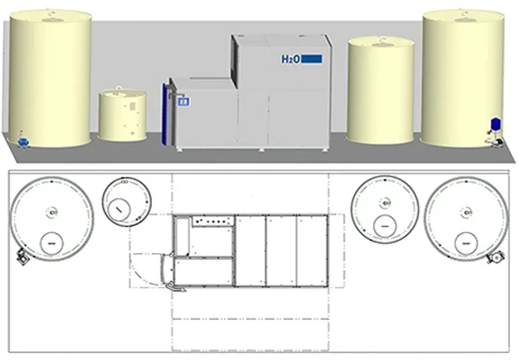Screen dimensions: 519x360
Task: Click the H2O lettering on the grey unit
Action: click(291, 59)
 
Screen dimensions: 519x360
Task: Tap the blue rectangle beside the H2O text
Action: click(312, 59)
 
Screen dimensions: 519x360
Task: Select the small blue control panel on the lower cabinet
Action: click(183, 101)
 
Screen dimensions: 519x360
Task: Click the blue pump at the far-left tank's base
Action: click(23, 142)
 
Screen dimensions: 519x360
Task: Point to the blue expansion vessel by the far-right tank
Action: click(496, 123)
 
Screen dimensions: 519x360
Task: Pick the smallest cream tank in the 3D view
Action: click(122, 115)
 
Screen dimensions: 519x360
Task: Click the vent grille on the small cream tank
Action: click(133, 106)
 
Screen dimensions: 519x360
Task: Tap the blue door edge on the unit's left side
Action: click(165, 114)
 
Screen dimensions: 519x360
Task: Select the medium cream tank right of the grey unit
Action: click(380, 90)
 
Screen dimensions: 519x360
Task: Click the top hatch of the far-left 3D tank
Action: click(50, 19)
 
